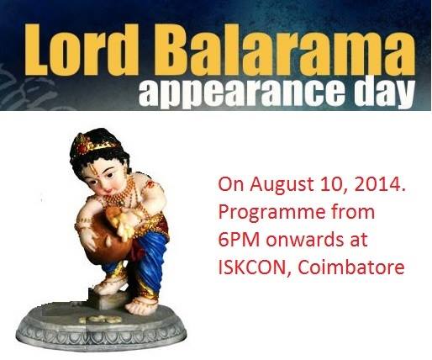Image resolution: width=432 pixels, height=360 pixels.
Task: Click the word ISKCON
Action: point(251,268)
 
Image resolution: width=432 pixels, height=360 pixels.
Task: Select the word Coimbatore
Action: point(351,267)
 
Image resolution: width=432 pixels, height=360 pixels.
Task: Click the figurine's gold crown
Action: point(94,143)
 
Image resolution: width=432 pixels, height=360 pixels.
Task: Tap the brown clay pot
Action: point(109,238)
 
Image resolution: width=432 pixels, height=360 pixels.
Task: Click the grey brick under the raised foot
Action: point(107,299)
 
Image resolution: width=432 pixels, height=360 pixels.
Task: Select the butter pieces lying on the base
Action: point(100,319)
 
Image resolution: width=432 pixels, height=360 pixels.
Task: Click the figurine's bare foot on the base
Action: point(141,307)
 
